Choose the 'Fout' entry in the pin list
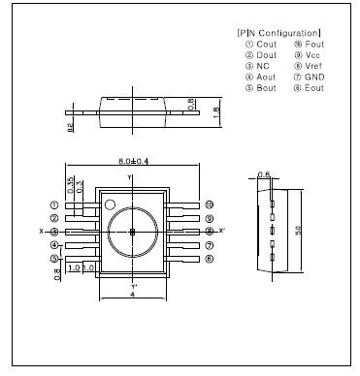point(314,45)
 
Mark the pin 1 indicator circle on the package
point(111,204)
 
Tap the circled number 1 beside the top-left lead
point(54,205)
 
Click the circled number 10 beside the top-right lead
point(209,205)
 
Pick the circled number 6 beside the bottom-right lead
point(209,259)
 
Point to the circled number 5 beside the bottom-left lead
point(54,259)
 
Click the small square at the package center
point(133,232)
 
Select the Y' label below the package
point(133,288)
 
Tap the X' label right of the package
point(222,232)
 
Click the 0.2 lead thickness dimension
point(71,127)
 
